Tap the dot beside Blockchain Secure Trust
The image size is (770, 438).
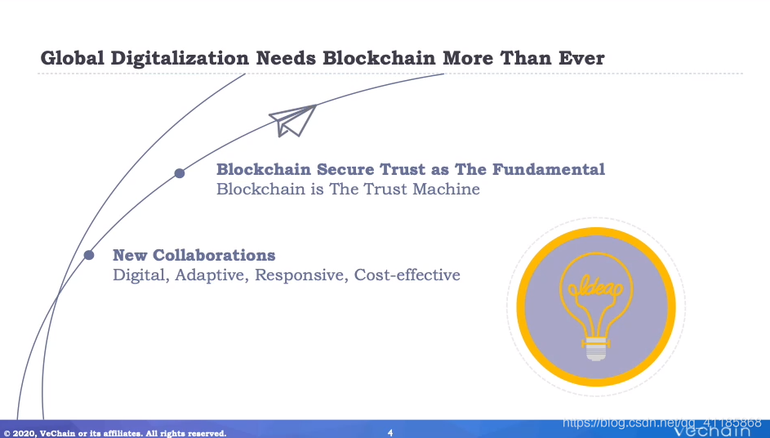pos(180,173)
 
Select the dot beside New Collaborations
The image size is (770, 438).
pos(89,255)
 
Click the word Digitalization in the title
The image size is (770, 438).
pos(180,59)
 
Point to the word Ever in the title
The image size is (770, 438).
pos(581,58)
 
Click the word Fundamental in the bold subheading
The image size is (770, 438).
pos(549,169)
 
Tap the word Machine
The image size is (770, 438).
pos(446,189)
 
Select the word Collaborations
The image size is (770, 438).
pos(214,255)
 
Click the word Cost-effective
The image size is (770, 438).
pos(407,275)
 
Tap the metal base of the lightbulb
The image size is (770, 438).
pos(596,349)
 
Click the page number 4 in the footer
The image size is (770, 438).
pos(390,432)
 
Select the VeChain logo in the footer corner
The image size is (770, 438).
pos(711,431)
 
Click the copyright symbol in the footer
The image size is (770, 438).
pos(7,433)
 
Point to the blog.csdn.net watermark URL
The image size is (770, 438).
pos(661,422)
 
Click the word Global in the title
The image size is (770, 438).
pos(73,58)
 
